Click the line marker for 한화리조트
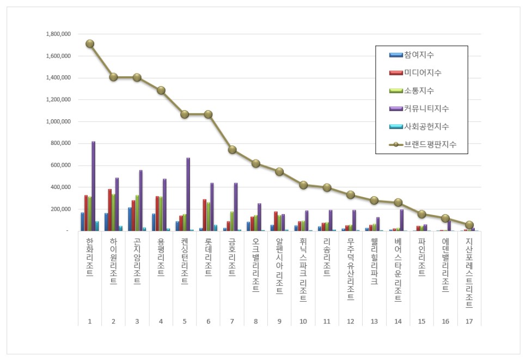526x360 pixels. click(90, 44)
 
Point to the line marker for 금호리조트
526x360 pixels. click(232, 150)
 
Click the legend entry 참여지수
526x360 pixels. click(419, 55)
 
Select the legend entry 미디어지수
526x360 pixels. click(423, 73)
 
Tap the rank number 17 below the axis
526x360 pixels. click(469, 322)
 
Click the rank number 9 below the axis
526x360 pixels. click(279, 322)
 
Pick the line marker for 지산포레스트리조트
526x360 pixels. click(469, 225)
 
